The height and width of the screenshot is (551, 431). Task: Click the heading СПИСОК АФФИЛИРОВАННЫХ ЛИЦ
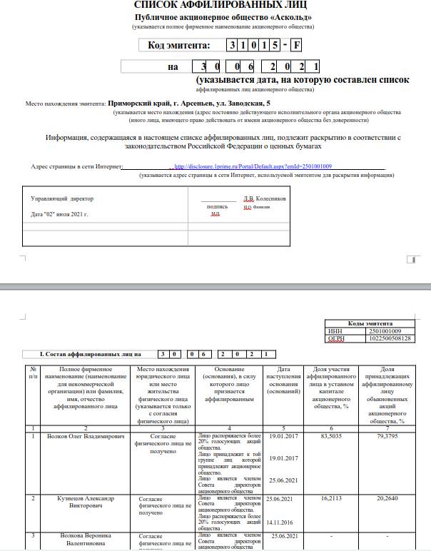pos(215,6)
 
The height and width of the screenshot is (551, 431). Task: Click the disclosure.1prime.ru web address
pos(253,166)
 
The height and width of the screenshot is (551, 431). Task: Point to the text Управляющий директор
pos(62,198)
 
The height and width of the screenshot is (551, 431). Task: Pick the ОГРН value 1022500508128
pos(388,338)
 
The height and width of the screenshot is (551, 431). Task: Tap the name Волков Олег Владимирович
pos(86,435)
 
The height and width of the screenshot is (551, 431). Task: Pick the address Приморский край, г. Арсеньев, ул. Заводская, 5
pos(189,103)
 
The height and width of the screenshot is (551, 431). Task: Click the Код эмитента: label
pos(179,46)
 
